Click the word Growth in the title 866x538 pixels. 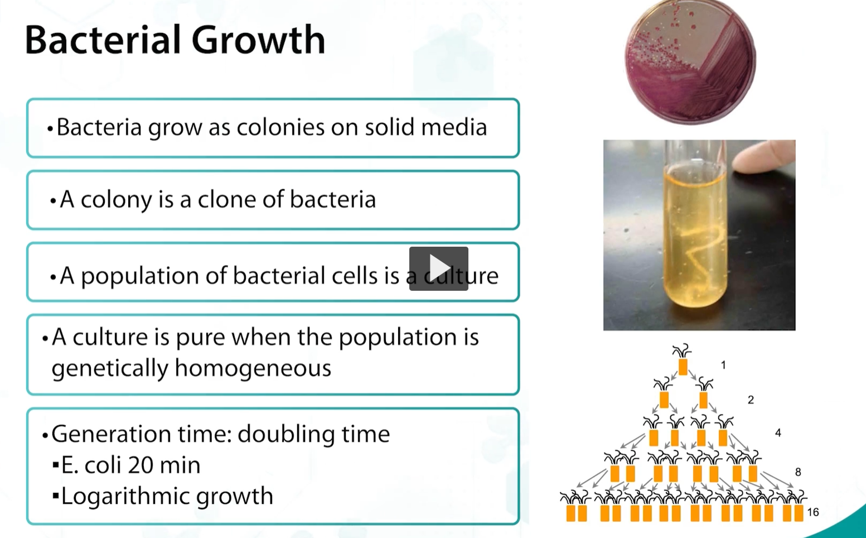point(258,40)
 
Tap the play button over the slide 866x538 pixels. point(438,268)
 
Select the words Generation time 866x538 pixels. point(141,434)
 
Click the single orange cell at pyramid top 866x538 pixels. point(683,367)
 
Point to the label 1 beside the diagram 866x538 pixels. point(723,365)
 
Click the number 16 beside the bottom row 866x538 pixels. point(812,512)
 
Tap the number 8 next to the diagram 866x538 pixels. point(798,472)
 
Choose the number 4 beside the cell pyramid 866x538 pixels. point(778,433)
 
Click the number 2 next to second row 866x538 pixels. point(751,400)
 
